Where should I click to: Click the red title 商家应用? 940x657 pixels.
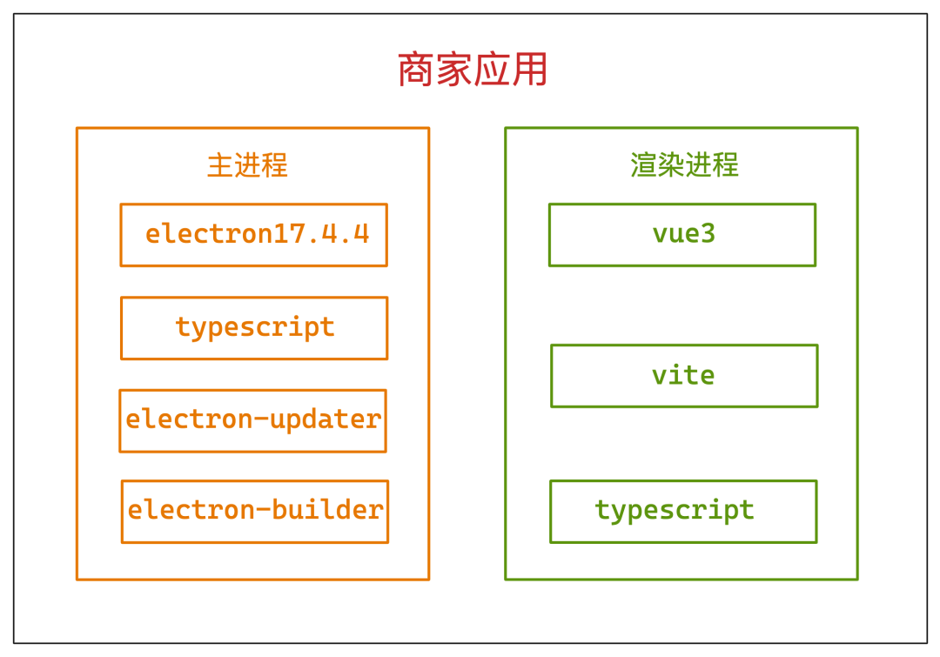coord(473,70)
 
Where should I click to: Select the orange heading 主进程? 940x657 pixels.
coord(247,165)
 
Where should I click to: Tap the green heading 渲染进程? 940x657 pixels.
coord(684,165)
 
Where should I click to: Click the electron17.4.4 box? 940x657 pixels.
coord(253,235)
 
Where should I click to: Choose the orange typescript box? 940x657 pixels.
coord(254,328)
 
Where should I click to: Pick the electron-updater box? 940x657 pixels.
coord(252,420)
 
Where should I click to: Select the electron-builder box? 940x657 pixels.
coord(255,511)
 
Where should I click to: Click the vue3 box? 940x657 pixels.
coord(682,235)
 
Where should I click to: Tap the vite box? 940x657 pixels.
coord(684,376)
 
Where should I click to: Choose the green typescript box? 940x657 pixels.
coord(683,511)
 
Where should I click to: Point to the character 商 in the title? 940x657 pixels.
coord(416,70)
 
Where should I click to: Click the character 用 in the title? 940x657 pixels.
coord(530,70)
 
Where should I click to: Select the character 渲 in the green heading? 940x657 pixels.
coord(644,165)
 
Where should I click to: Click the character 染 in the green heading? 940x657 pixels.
coord(671,165)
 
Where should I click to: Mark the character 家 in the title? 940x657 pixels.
coord(453,70)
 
